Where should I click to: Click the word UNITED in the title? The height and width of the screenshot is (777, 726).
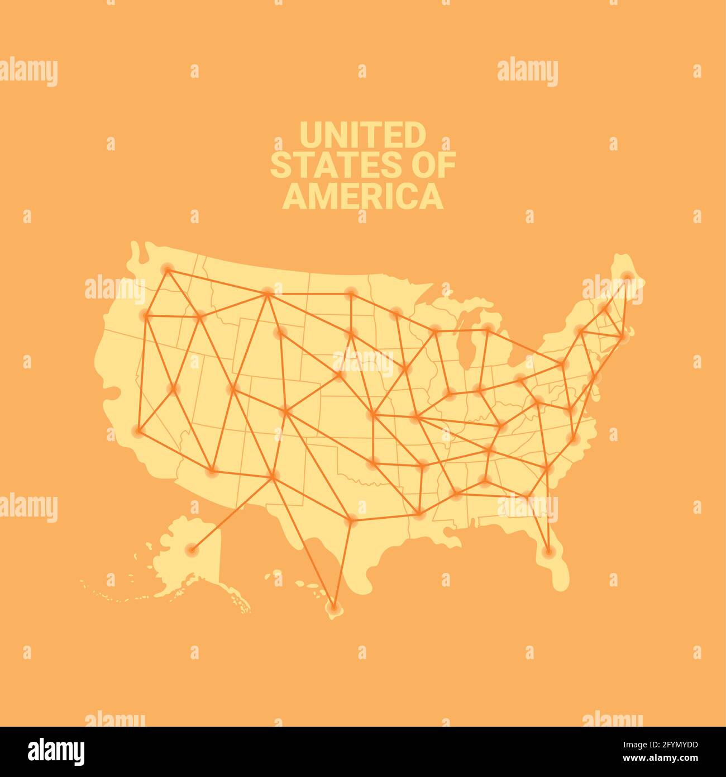[362, 135]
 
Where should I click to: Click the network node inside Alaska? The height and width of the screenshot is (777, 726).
[192, 549]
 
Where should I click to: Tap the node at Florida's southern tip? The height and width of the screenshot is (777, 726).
[548, 552]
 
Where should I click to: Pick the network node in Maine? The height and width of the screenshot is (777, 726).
[627, 276]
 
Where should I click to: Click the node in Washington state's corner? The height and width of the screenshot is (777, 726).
[167, 269]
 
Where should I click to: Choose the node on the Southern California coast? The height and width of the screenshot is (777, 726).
[137, 430]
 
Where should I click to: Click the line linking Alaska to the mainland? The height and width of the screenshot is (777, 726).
[232, 513]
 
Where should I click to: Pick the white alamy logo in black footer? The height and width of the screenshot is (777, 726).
[56, 751]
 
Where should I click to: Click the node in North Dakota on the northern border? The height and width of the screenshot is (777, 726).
[351, 292]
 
